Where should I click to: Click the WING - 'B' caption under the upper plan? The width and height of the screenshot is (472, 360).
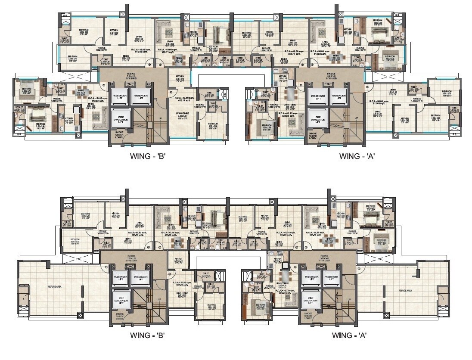click(148, 156)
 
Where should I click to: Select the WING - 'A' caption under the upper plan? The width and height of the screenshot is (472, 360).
click(357, 156)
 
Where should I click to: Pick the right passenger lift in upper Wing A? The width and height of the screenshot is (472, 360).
click(339, 96)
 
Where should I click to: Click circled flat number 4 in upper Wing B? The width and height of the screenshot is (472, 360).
click(171, 92)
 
